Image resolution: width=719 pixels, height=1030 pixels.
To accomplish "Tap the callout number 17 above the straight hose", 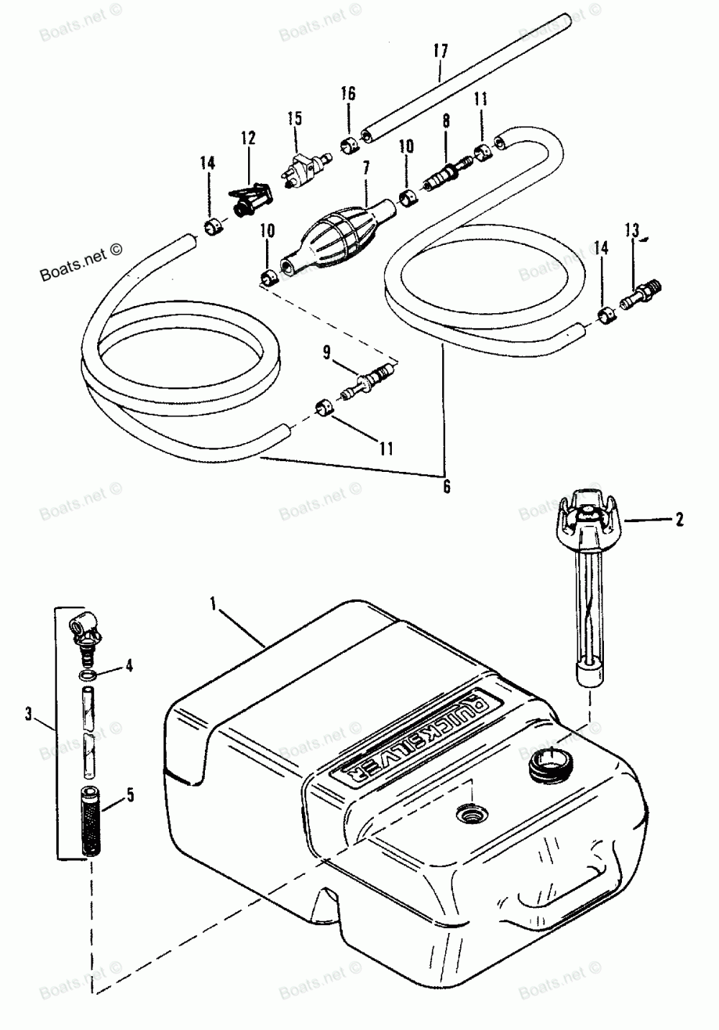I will tap(440, 51).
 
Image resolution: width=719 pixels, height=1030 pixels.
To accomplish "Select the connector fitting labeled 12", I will tap(252, 198).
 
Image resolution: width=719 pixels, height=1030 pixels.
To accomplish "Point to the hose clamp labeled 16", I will tap(349, 146).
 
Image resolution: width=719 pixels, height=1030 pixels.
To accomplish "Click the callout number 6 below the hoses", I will tap(446, 486).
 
